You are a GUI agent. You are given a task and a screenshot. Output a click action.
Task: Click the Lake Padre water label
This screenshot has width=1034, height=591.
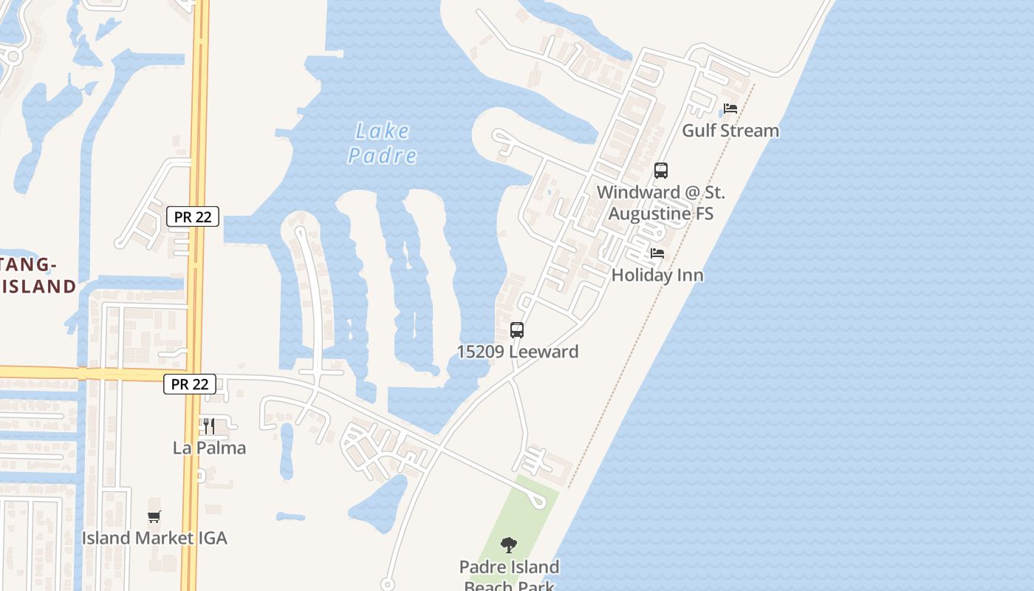tap(382, 143)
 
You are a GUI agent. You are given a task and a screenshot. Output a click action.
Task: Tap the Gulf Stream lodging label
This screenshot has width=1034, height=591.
tap(730, 131)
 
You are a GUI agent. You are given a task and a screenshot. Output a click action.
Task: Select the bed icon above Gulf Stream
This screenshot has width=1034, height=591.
tap(730, 109)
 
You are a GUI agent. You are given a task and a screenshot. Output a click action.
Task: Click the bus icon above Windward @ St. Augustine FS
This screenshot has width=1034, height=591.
tap(661, 171)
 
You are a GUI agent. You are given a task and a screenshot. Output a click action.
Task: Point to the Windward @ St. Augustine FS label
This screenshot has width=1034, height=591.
tap(661, 203)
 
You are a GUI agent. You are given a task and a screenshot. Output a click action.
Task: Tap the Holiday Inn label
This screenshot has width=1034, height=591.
tap(657, 276)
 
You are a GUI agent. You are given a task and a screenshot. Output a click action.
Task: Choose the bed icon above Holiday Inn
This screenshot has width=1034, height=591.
tap(657, 253)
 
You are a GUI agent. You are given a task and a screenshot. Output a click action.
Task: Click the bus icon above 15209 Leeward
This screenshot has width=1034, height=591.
tap(517, 330)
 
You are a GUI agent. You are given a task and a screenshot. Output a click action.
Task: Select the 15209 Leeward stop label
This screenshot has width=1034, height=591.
tap(517, 352)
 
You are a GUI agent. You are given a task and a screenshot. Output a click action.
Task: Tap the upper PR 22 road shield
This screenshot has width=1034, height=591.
tap(193, 216)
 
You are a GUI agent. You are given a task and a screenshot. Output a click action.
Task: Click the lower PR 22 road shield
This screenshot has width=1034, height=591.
tap(190, 384)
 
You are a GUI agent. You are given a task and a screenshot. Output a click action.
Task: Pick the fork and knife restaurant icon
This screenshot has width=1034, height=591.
tap(209, 426)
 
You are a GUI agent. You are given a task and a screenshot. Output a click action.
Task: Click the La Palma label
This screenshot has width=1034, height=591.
tap(209, 448)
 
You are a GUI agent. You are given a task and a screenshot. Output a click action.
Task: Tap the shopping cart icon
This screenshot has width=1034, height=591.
tap(154, 516)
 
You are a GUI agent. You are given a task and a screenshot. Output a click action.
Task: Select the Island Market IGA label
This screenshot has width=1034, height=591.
tap(154, 538)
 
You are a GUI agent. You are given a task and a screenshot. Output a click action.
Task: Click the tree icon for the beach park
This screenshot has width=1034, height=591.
tap(508, 546)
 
